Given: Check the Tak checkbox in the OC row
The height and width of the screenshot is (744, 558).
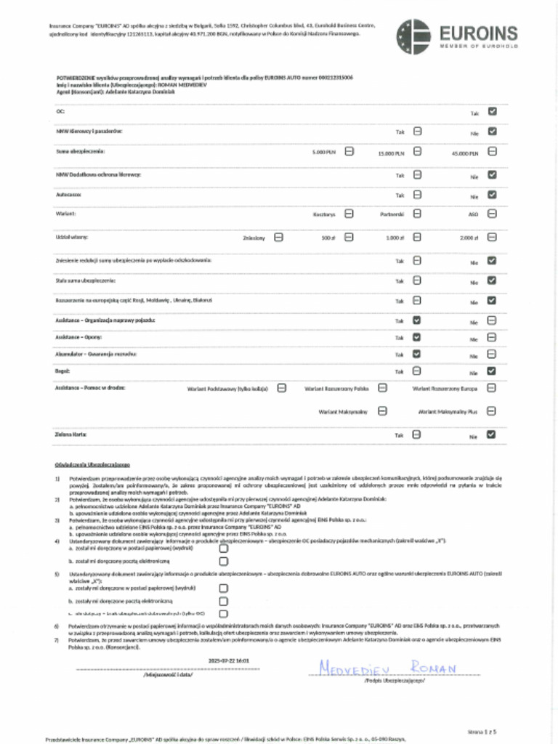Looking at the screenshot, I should click(x=492, y=113).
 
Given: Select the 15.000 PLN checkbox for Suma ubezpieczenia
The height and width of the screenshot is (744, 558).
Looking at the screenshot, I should click(x=418, y=152).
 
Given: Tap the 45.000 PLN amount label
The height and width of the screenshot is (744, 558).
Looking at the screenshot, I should click(x=464, y=153).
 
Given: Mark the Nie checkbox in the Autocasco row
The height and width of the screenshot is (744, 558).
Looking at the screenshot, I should click(x=492, y=195).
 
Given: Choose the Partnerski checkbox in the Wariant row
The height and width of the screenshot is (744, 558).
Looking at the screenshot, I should click(x=418, y=214).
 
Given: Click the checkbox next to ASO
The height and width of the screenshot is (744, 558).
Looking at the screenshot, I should click(x=492, y=214).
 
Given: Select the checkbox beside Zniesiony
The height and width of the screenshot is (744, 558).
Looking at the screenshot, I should click(x=279, y=237).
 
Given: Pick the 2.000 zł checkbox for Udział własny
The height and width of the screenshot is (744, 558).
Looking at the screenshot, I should click(x=492, y=237).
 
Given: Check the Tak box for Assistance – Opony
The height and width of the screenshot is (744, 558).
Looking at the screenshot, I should click(x=417, y=337).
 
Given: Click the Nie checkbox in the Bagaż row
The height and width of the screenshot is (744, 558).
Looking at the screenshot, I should click(x=492, y=371).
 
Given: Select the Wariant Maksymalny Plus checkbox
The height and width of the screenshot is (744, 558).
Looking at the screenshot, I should click(x=492, y=411).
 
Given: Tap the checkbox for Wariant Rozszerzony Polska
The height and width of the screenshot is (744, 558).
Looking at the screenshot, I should click(x=383, y=388).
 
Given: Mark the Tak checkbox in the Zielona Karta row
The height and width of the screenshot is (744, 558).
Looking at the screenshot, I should click(x=417, y=434).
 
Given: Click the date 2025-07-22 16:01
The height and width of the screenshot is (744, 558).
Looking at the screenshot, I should click(x=223, y=660).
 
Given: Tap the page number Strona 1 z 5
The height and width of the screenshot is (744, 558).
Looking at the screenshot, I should click(x=482, y=731).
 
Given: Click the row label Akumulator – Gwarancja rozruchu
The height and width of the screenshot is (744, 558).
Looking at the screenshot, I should click(x=95, y=354).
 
